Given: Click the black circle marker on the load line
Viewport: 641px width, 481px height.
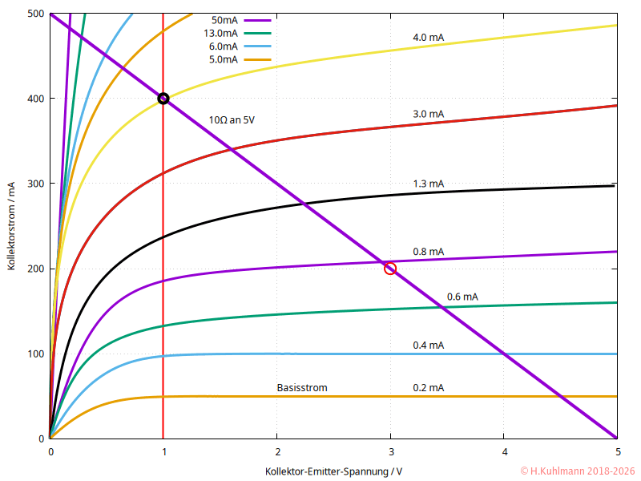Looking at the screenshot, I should [163, 99].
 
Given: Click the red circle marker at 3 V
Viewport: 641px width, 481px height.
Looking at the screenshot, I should [390, 268].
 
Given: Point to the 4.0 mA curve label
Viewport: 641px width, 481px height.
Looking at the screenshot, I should [428, 38].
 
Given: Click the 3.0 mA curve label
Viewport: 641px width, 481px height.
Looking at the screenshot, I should [428, 114].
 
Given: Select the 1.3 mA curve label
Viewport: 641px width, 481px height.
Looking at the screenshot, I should [428, 184].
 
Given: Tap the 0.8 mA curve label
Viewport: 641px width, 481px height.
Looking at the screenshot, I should [428, 251].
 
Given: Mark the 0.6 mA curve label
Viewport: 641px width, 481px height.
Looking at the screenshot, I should [462, 297].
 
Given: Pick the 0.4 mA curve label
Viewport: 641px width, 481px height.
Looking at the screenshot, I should [428, 346].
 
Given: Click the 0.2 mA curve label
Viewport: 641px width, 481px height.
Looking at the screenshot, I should [428, 388].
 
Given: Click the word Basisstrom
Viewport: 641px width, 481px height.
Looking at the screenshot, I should [302, 388].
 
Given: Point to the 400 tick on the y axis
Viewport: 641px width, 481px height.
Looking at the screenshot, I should [35, 99].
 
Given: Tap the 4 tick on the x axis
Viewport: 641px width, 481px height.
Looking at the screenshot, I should [504, 451].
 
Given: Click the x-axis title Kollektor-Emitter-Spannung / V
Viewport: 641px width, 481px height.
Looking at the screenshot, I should [333, 471].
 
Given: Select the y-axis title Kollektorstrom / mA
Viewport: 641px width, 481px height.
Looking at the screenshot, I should [12, 226].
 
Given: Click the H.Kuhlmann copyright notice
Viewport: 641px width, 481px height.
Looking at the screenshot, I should [577, 471].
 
